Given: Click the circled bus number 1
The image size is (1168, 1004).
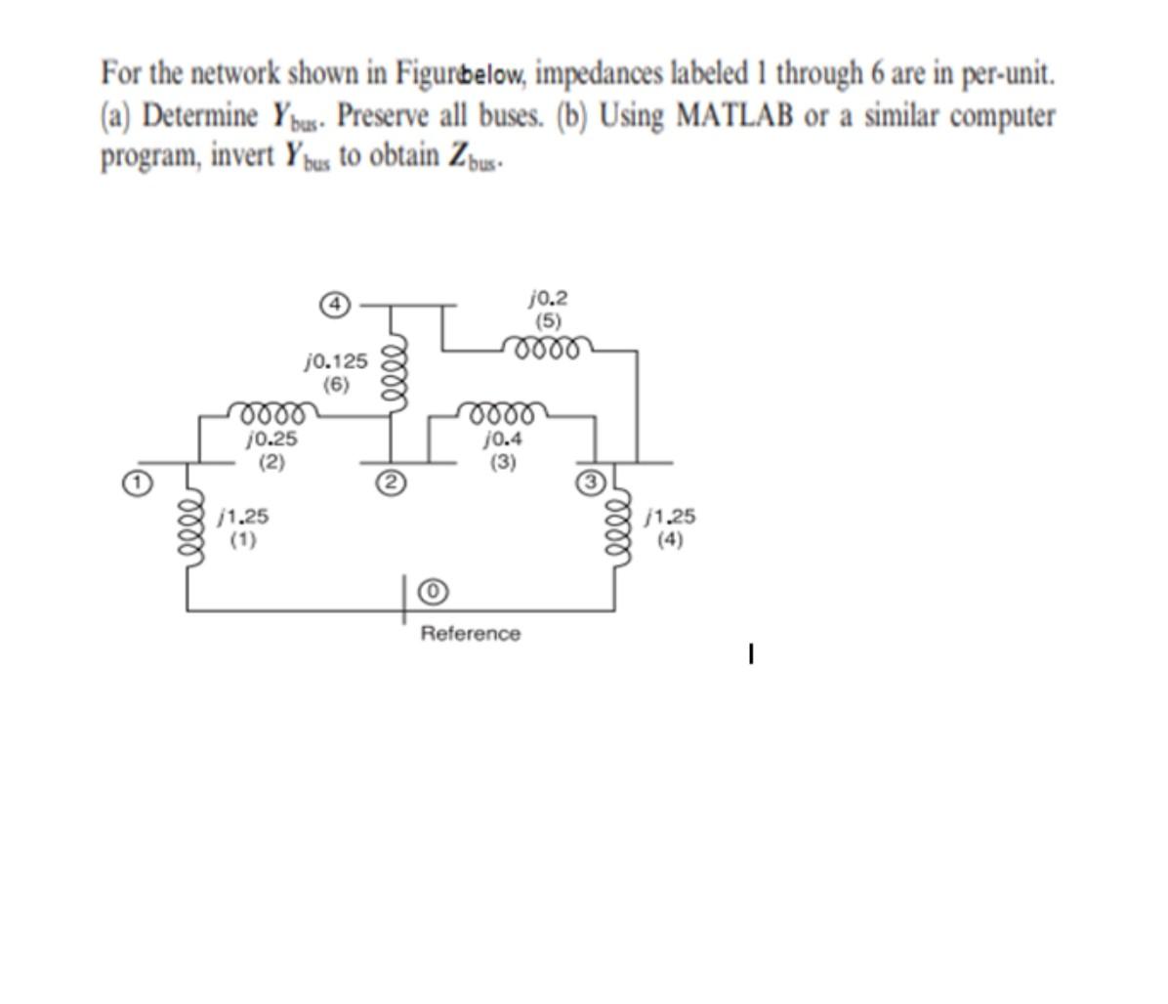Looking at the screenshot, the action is pyautogui.click(x=140, y=482).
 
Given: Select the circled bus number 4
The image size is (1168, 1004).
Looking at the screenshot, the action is pyautogui.click(x=335, y=304).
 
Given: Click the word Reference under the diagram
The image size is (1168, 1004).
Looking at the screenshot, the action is pyautogui.click(x=470, y=634).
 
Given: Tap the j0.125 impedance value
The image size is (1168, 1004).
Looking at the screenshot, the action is pyautogui.click(x=336, y=361).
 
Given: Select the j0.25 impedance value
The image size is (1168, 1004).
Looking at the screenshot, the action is pyautogui.click(x=271, y=439).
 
